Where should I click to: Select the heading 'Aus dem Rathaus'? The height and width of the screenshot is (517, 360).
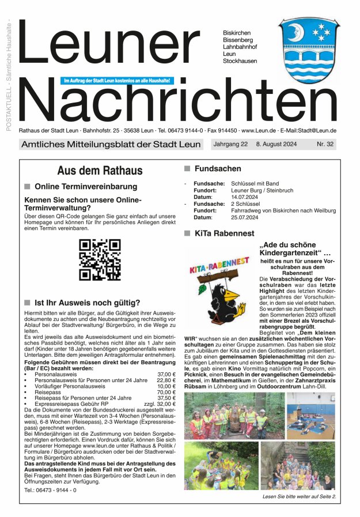(x=100, y=171)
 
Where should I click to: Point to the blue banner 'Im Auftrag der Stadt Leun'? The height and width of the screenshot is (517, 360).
(x=118, y=81)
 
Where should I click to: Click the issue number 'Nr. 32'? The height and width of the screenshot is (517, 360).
(x=325, y=144)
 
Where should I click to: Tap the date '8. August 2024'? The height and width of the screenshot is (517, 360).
(x=276, y=144)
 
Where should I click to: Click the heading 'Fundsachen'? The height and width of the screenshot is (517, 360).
(x=218, y=169)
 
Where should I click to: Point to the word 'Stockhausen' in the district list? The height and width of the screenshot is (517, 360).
(x=240, y=61)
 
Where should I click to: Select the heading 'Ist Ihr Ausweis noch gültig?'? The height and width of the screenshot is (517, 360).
(x=87, y=302)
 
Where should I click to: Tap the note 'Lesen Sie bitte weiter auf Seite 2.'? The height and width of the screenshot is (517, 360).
(x=299, y=496)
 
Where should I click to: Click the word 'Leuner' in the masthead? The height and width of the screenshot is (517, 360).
(x=108, y=44)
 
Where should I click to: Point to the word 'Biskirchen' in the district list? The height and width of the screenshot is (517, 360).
(x=237, y=33)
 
